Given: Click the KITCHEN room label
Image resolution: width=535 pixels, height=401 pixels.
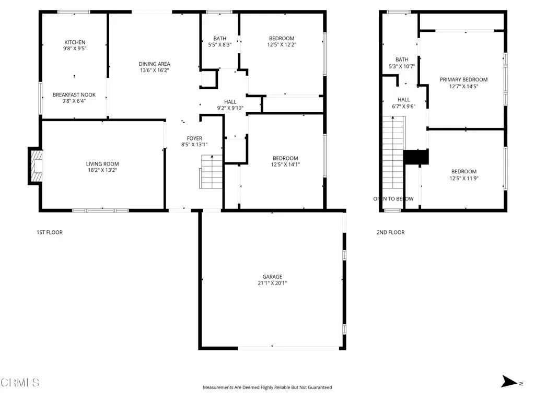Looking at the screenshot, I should pos(75,42).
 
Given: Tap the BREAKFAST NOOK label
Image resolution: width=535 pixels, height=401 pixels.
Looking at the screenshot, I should pos(75,95).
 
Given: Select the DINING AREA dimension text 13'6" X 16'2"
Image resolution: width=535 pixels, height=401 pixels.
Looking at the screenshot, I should pos(154,70).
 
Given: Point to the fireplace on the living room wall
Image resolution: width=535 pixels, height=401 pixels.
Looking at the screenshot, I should pos(35,166).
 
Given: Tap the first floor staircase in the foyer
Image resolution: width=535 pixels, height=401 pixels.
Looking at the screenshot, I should pos(211,172).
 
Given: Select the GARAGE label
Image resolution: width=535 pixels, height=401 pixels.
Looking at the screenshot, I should pos(272,277).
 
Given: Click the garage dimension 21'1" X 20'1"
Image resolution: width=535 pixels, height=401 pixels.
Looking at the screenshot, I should pos(272,284).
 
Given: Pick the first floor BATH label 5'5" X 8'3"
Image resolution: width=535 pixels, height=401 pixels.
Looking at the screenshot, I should pos(219,42).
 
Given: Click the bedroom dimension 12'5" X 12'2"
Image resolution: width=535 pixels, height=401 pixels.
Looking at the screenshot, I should pos(282,45).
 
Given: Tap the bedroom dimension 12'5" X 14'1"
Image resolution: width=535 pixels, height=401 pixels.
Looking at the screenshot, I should pos(285,164).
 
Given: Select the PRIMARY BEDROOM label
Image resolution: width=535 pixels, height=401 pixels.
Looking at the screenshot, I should pos(463,80).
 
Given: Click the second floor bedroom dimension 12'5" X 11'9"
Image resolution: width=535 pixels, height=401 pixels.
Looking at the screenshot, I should pos(463,178).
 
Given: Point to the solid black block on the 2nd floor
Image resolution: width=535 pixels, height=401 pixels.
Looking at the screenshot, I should pos(416,157).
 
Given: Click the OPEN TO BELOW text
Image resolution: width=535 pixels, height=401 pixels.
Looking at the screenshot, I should pos(393,199).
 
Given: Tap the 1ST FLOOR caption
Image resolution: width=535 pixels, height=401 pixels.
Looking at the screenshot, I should pos(50,232).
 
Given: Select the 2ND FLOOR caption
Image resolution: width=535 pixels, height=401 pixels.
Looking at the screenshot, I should pos(390,232).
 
